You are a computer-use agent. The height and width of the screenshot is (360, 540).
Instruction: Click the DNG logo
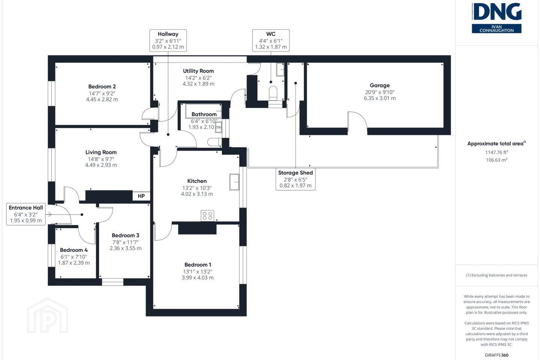(x=496, y=18)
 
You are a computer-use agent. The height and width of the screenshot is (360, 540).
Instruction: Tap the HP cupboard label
(x=141, y=196)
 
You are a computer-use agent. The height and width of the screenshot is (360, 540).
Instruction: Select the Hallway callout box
(x=168, y=40)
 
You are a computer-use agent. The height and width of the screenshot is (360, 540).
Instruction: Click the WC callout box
(x=271, y=40)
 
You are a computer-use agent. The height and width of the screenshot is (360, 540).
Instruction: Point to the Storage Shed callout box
(x=295, y=179)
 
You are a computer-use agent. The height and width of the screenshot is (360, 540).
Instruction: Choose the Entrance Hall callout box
(x=26, y=214)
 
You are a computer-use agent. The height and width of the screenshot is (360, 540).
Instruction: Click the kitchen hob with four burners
(x=207, y=216)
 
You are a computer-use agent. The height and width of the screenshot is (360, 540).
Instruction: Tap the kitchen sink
(x=234, y=182)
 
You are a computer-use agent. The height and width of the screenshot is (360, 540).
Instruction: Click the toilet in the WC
(x=273, y=93)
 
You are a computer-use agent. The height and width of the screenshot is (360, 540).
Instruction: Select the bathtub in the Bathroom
(x=203, y=111)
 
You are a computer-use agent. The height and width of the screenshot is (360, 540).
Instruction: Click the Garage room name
(x=379, y=85)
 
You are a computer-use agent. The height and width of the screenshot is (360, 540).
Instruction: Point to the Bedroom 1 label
(x=197, y=265)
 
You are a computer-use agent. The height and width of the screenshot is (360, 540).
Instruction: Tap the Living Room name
(x=101, y=152)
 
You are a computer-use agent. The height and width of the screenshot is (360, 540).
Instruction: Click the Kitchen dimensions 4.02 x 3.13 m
(x=197, y=194)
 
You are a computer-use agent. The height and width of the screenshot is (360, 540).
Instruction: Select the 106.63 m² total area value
(x=496, y=160)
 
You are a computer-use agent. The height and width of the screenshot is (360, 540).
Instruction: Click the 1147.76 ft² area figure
(x=496, y=152)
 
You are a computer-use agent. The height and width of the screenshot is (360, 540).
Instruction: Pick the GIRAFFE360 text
(x=496, y=355)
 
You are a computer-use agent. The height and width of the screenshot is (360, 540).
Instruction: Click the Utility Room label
(x=198, y=71)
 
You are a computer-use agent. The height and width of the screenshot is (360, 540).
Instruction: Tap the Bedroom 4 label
(x=74, y=250)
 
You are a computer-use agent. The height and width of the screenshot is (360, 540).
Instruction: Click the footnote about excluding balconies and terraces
(x=496, y=275)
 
